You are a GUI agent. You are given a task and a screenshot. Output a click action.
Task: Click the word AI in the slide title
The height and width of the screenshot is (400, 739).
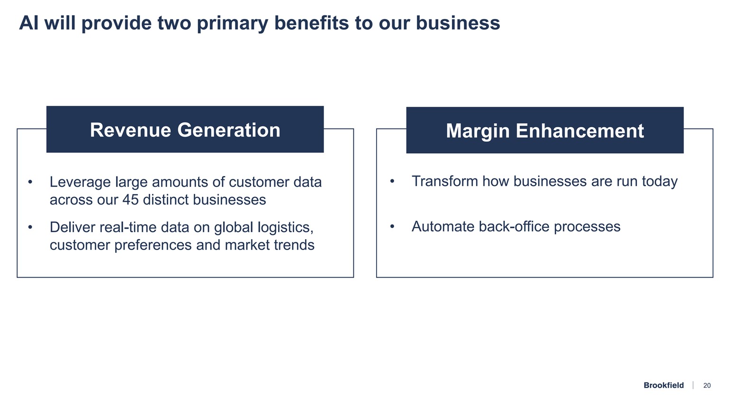[x=28, y=23]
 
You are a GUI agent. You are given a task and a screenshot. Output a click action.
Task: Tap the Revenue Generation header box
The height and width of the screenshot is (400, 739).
[x=185, y=130]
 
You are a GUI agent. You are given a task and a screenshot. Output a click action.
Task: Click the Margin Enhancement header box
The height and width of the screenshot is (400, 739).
[x=545, y=130]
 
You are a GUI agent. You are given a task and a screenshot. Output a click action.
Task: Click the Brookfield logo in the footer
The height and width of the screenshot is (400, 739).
[x=663, y=385]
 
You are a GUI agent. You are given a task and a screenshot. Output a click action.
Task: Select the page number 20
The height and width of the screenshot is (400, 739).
[x=707, y=385]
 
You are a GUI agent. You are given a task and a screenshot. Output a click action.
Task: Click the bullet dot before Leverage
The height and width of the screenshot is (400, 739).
[x=30, y=182]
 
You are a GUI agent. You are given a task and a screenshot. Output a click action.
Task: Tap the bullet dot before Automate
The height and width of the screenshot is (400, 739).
[x=392, y=227]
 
